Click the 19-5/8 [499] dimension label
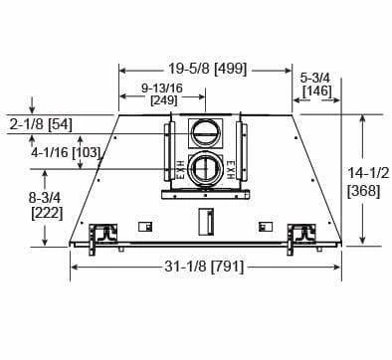[x=208, y=69]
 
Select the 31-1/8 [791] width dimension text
[x=204, y=267]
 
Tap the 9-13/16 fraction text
[x=162, y=88]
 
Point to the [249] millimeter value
[x=164, y=99]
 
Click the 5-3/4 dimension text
[x=315, y=79]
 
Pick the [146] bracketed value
[x=317, y=90]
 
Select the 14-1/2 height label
[x=368, y=173]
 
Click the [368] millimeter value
[x=363, y=191]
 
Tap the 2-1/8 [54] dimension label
[x=41, y=124]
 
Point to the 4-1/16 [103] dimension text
[x=66, y=152]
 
